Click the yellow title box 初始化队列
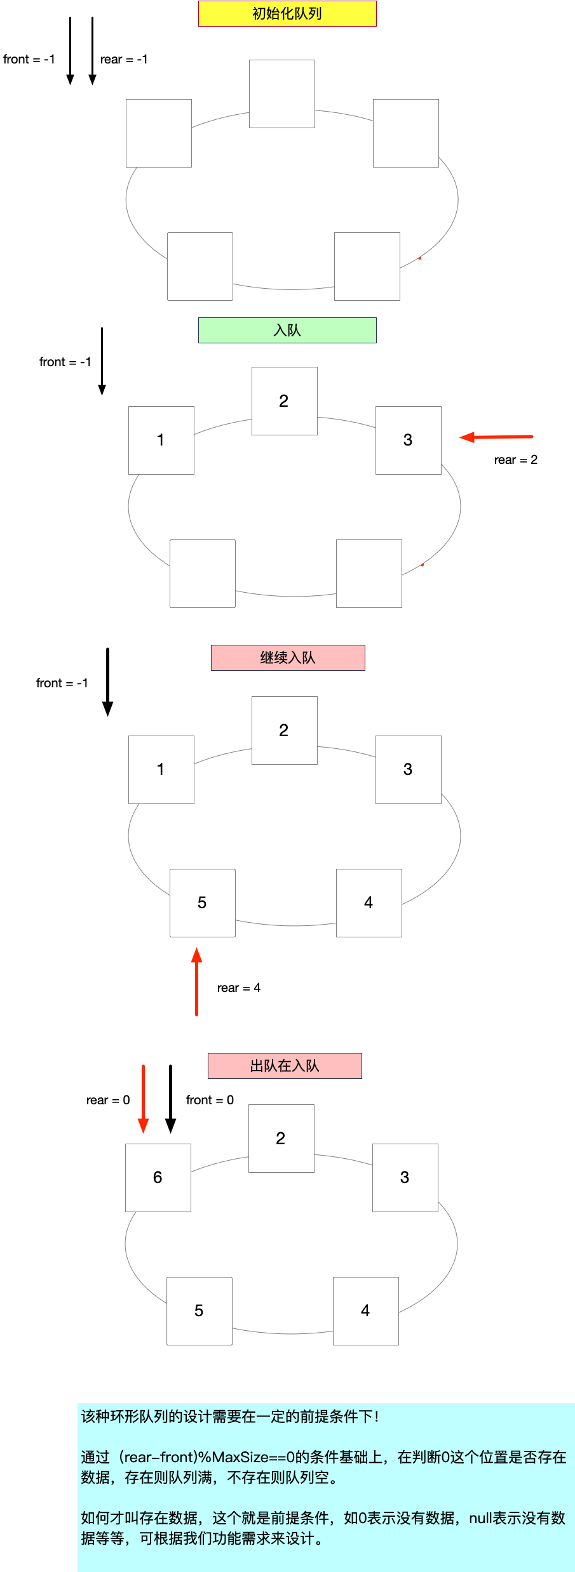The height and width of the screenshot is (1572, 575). tap(287, 13)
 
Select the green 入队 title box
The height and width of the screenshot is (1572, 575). tap(287, 330)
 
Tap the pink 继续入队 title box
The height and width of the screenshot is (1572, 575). tap(288, 657)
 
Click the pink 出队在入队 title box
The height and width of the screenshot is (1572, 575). tap(285, 1066)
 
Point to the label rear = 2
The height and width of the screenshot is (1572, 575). tap(515, 459)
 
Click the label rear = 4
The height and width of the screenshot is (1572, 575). tap(238, 987)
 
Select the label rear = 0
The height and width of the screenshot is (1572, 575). tap(108, 1100)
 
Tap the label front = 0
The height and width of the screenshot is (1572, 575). tap(210, 1100)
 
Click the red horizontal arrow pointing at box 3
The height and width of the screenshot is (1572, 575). tap(496, 437)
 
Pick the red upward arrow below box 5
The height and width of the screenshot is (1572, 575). tap(197, 981)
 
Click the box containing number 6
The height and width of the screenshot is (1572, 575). tap(158, 1177)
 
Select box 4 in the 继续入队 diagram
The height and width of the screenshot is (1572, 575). tap(369, 902)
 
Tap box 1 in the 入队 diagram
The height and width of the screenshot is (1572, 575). tap(161, 440)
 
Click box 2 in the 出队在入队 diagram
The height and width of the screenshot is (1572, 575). tap(281, 1138)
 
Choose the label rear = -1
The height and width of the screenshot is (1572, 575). tap(124, 59)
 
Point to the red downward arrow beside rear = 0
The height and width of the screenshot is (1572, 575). tap(144, 1099)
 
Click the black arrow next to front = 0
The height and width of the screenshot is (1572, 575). tap(170, 1099)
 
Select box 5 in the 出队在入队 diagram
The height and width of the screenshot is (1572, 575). tap(200, 1311)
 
